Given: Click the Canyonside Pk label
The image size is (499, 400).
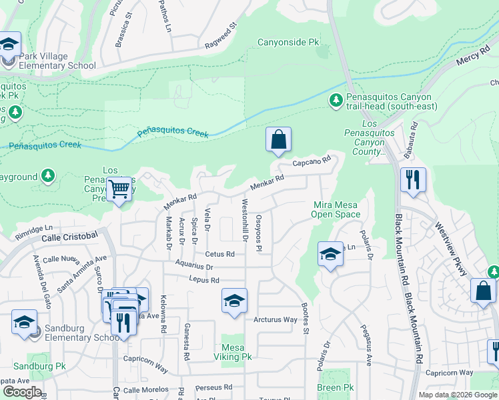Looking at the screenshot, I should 289,43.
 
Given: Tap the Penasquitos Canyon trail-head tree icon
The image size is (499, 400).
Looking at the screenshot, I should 336,101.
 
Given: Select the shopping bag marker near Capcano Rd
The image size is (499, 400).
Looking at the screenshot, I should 279,141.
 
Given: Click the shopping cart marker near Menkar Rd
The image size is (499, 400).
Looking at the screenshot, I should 119,190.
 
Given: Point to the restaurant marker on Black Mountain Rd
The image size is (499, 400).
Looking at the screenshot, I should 413,180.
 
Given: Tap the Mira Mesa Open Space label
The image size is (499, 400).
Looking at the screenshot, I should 336,209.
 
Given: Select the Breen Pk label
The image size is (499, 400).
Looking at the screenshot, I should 335,387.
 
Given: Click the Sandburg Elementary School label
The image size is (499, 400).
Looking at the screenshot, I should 79,337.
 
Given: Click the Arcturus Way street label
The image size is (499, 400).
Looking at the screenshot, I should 275,320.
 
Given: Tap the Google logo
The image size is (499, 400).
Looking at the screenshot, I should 22,392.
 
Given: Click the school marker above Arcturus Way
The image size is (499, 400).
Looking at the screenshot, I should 234,301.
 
